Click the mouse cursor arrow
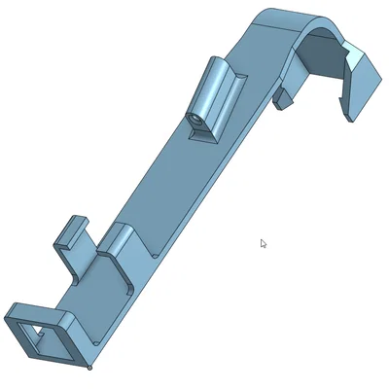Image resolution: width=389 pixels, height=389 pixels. click(263, 243)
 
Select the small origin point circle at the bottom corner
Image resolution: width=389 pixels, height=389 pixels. click(89, 368)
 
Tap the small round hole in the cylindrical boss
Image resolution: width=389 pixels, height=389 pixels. click(194, 118)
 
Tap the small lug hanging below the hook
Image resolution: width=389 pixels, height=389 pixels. click(283, 97)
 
